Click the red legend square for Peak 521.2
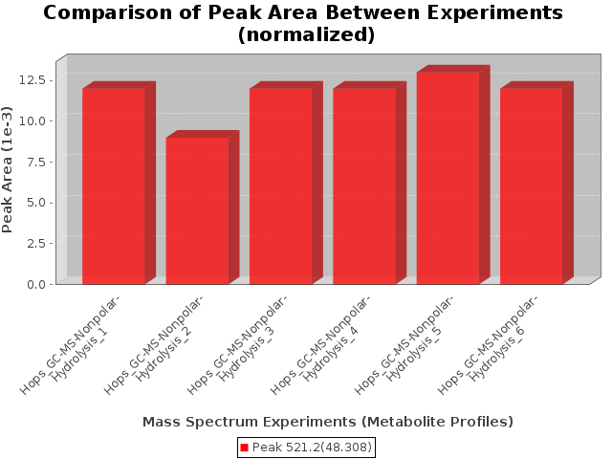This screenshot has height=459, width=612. pos(245,448)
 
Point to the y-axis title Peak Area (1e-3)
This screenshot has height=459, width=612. pos(7,170)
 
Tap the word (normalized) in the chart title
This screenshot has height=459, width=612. pos(306,34)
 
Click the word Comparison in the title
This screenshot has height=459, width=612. pos(108,12)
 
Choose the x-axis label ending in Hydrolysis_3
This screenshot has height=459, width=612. pos(237,346)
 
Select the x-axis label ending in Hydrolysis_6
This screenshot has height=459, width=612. pos(488,346)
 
